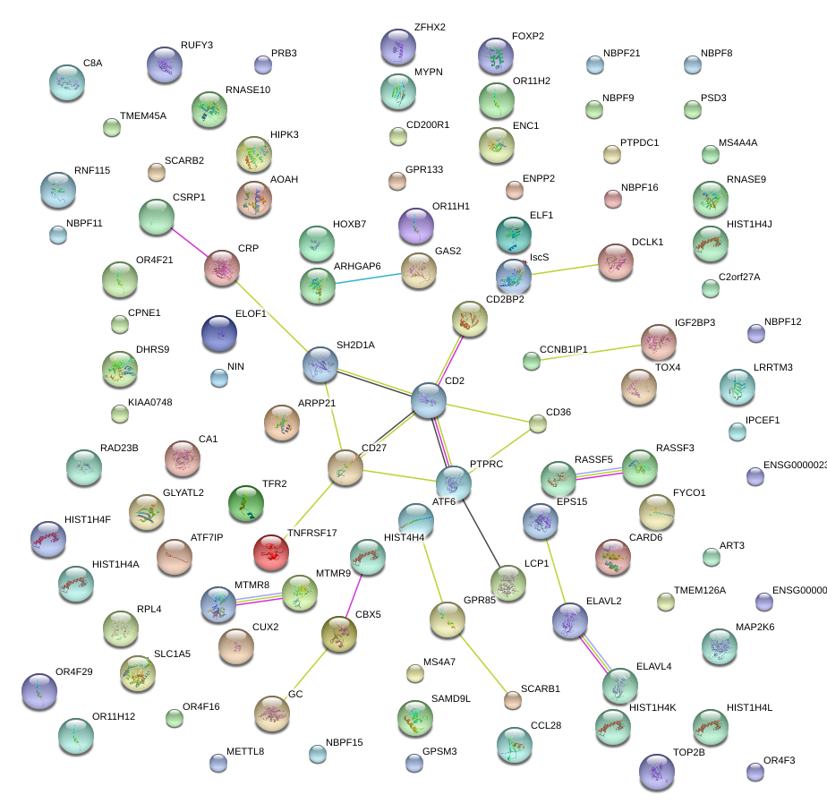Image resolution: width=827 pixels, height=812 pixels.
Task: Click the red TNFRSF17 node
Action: click(x=271, y=553)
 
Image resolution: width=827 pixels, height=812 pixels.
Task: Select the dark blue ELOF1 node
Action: click(x=219, y=333)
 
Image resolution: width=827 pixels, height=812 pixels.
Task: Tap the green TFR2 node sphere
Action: click(x=245, y=504)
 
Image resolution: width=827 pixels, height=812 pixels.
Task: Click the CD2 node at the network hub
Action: click(x=429, y=400)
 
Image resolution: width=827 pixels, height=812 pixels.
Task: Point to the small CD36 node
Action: click(x=538, y=423)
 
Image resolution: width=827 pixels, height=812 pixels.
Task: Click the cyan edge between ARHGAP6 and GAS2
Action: click(x=367, y=278)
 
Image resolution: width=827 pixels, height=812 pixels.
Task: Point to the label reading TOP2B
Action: click(x=689, y=752)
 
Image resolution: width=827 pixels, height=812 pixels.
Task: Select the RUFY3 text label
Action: click(x=197, y=45)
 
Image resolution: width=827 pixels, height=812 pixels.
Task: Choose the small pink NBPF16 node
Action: click(x=613, y=199)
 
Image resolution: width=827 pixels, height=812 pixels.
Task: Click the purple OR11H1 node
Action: click(x=415, y=226)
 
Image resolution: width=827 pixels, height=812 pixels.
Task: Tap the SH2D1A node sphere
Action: click(x=320, y=363)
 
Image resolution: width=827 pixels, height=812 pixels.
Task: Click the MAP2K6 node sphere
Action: click(x=720, y=646)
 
